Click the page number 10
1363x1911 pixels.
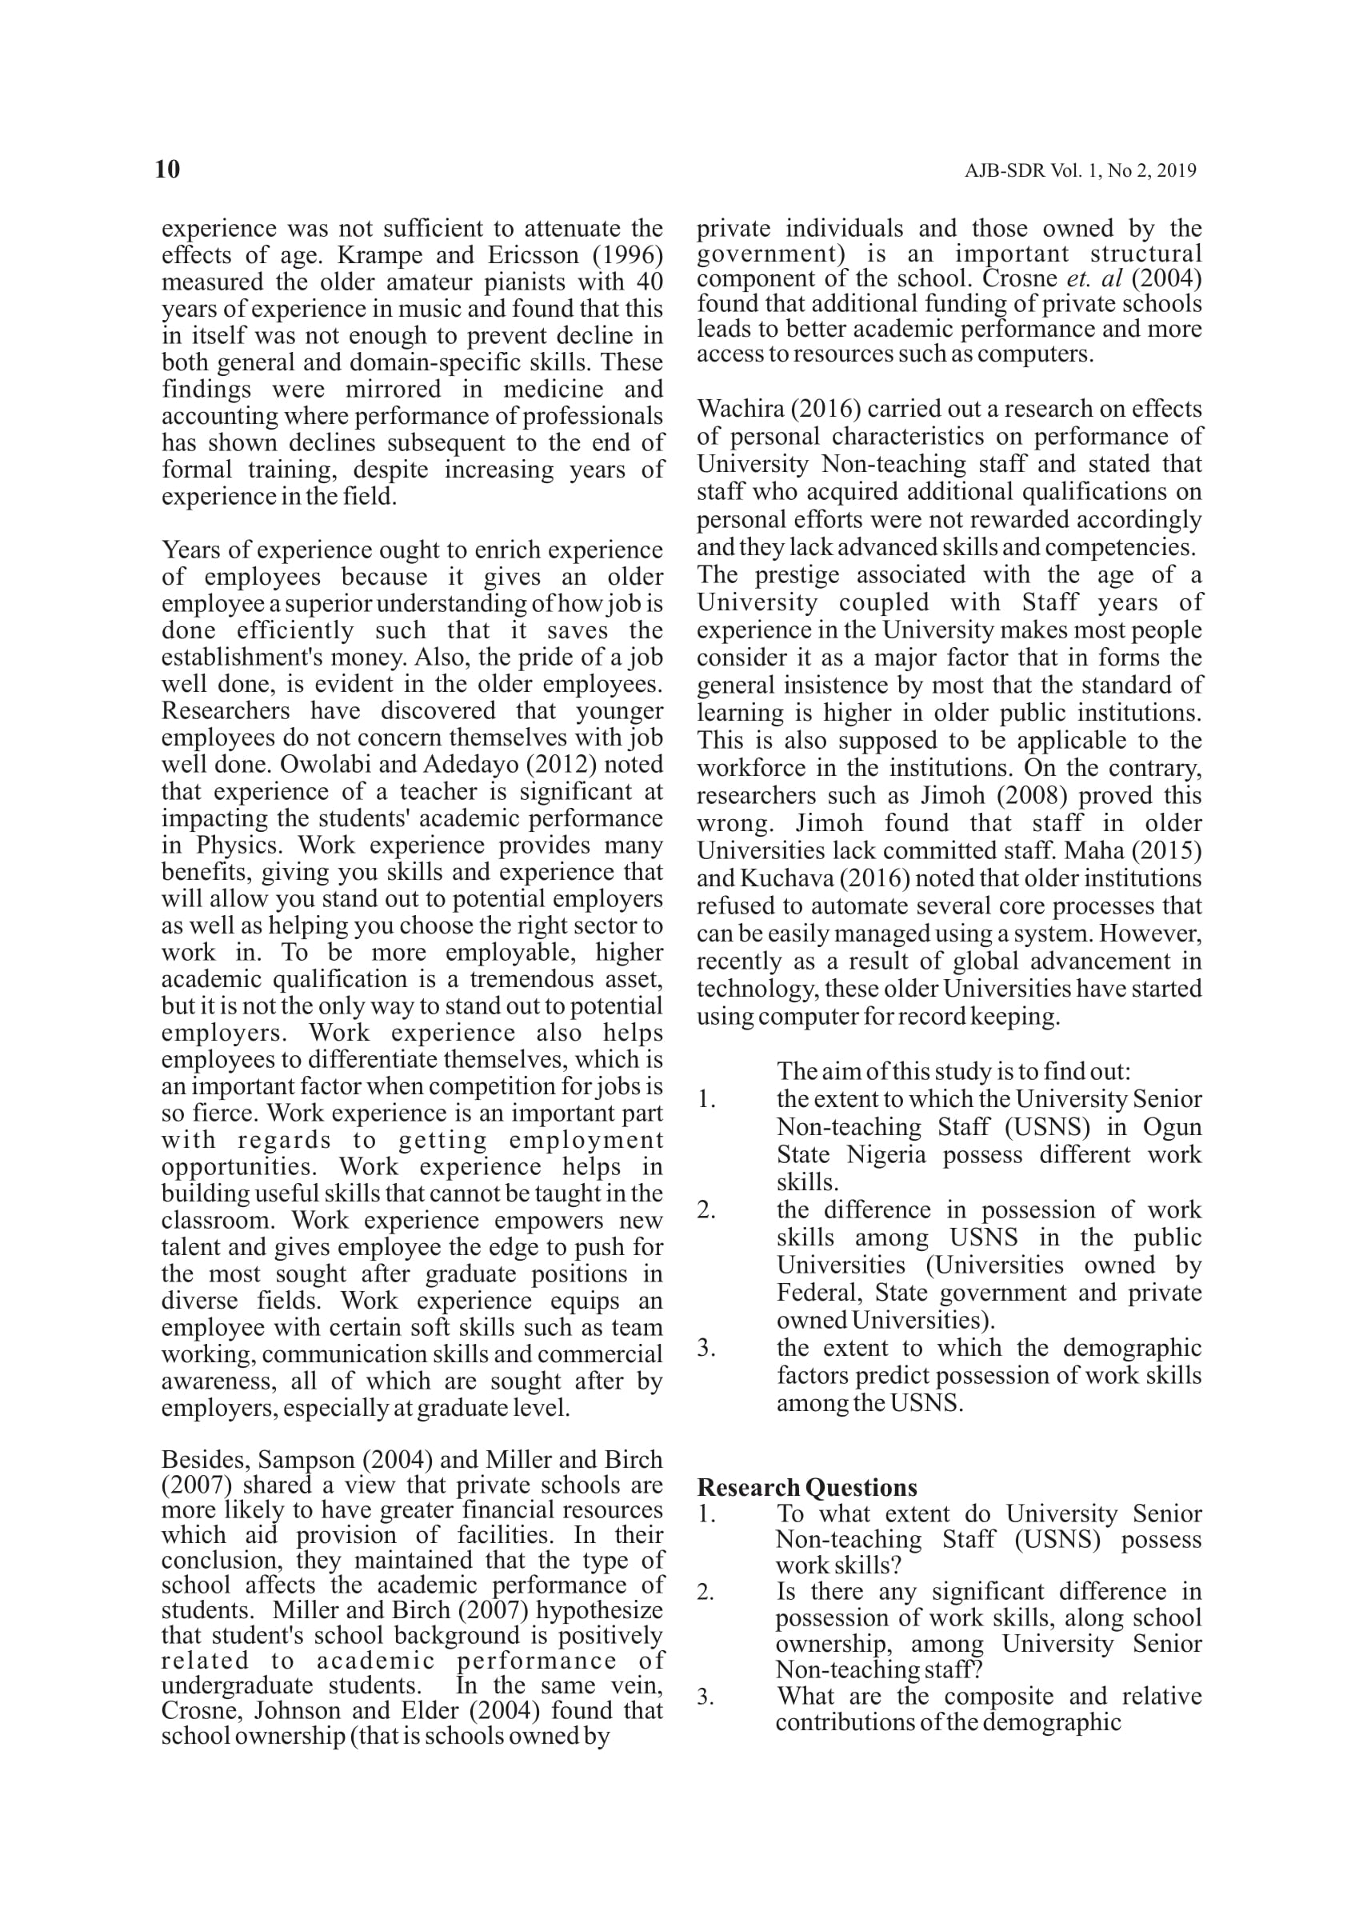click(168, 170)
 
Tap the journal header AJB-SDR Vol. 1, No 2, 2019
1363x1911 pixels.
click(1080, 171)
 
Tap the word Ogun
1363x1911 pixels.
click(1173, 1127)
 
